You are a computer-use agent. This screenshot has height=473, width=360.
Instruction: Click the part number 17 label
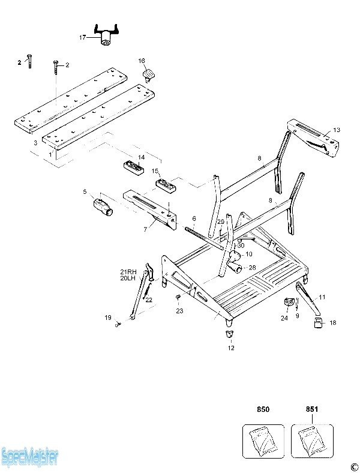coord(82,37)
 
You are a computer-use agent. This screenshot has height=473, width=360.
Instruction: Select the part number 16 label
coord(142,61)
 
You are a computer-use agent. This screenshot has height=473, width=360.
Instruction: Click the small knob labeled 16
coord(149,74)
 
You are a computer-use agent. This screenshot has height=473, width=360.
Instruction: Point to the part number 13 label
coord(337,130)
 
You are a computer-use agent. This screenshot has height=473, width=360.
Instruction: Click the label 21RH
coord(128,271)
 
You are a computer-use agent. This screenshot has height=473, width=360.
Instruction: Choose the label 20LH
coord(128,278)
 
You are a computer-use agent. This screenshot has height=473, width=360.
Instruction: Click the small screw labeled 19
coord(119,324)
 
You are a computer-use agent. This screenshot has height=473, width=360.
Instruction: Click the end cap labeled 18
coord(316,325)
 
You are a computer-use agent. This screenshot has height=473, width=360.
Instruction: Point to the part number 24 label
coord(284,318)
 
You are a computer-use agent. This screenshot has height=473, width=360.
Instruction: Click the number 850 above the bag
coord(263,409)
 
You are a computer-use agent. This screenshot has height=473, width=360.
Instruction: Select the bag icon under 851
coord(312,442)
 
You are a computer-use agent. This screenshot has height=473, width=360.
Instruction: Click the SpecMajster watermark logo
coord(30,458)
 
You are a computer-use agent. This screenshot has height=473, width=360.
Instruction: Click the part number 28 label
coord(253,267)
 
